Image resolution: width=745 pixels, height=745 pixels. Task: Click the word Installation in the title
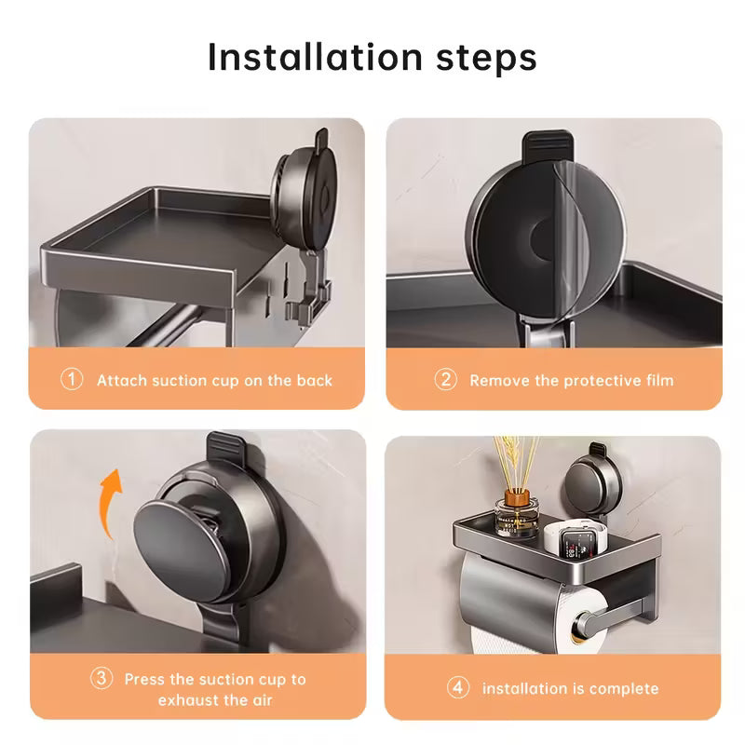315,58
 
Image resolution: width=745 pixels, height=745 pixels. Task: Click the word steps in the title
486,60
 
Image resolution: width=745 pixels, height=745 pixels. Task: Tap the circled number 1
72,379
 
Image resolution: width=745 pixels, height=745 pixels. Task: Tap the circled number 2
446,379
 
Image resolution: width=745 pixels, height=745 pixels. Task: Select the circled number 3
102,678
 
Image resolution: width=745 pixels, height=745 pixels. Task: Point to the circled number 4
458,687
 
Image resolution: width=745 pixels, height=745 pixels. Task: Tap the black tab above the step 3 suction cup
226,449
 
